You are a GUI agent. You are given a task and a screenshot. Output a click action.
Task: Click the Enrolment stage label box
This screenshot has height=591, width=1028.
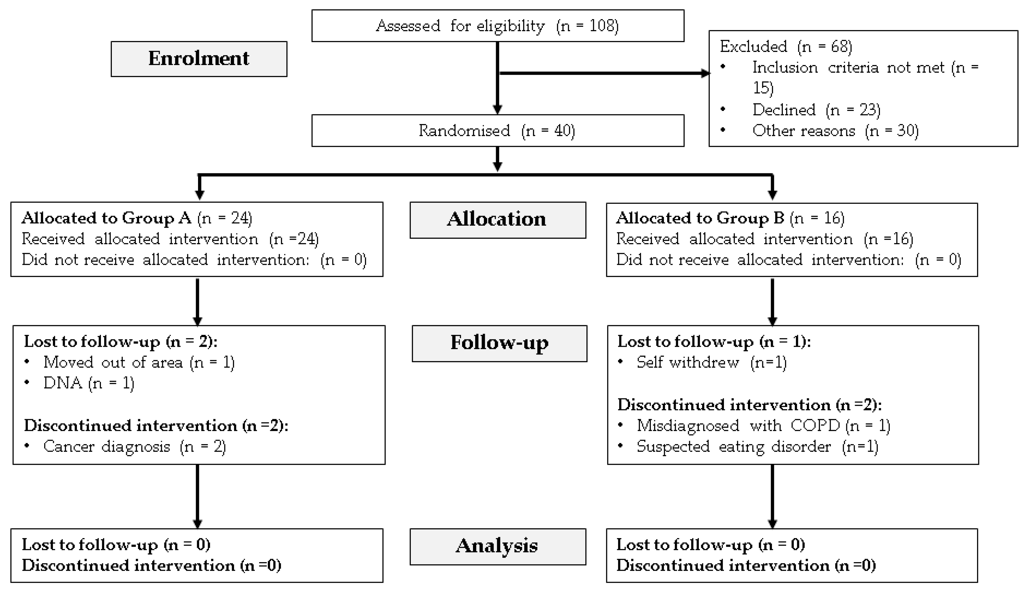pyautogui.click(x=199, y=59)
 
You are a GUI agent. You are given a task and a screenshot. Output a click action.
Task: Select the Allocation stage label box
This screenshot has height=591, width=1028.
pyautogui.click(x=498, y=220)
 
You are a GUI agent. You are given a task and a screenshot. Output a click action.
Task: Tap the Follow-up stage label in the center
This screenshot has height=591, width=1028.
pyautogui.click(x=499, y=343)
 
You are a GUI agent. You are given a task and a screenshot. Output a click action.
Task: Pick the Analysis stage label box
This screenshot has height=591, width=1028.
pyautogui.click(x=498, y=546)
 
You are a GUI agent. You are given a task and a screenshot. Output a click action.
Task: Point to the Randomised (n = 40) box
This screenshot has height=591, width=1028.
pyautogui.click(x=498, y=131)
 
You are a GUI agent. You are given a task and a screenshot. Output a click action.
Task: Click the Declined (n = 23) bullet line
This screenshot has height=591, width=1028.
pyautogui.click(x=816, y=110)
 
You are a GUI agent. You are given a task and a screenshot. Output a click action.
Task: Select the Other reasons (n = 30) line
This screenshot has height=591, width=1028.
pyautogui.click(x=835, y=131)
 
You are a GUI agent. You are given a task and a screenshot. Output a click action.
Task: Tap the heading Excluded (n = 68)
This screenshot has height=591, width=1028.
pyautogui.click(x=786, y=47)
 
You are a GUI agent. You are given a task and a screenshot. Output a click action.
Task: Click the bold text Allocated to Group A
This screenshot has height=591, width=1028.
pyautogui.click(x=106, y=218)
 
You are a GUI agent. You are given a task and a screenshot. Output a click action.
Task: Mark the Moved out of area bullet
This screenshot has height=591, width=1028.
pyautogui.click(x=139, y=362)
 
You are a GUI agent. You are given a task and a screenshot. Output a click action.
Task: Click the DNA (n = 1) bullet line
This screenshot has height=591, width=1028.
pyautogui.click(x=88, y=383)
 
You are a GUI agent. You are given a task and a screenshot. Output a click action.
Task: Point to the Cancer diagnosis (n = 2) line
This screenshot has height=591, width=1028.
pyautogui.click(x=134, y=446)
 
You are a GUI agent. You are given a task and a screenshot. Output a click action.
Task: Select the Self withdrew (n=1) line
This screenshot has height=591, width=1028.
pyautogui.click(x=711, y=362)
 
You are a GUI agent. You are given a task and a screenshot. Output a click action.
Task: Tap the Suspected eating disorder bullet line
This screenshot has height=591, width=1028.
pyautogui.click(x=757, y=446)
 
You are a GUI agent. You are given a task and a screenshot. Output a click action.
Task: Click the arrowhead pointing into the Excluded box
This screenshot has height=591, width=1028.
pyautogui.click(x=705, y=73)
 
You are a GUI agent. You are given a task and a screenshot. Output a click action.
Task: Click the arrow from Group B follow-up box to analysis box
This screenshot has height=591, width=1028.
pyautogui.click(x=772, y=496)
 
